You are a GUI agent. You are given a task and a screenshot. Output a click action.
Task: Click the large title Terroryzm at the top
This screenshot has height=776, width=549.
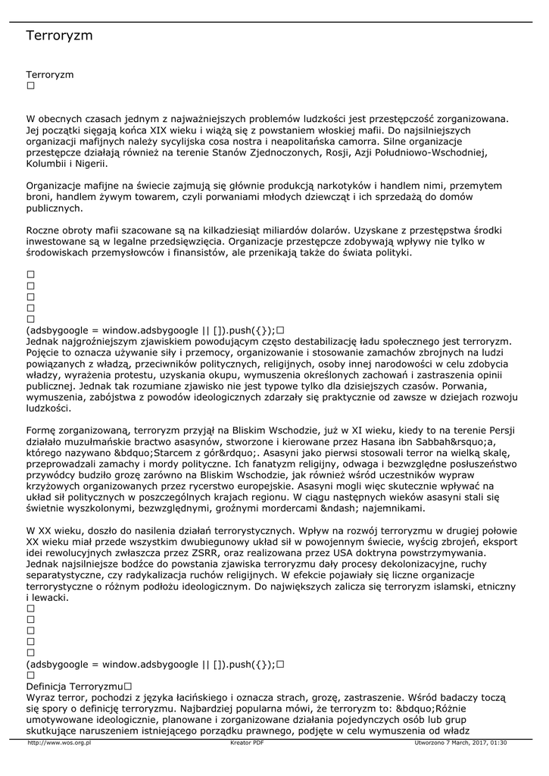[59, 36]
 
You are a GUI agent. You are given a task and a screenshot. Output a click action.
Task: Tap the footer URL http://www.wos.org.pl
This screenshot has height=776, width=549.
[59, 743]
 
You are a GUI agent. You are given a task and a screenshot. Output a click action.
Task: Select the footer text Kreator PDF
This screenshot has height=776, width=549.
[246, 743]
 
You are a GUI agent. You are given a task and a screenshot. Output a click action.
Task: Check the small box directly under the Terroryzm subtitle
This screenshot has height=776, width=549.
[30, 86]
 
